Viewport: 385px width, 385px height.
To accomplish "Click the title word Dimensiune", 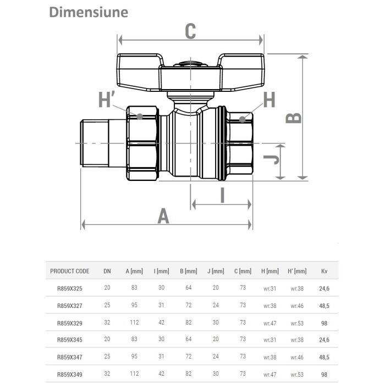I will point(89,12).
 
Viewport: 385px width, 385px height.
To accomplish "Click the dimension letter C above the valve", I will point(190,31).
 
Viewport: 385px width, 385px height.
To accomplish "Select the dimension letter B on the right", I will point(294,117).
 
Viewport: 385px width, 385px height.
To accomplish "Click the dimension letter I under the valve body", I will point(222,195).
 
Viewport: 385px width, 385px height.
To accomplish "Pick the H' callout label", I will point(106,101).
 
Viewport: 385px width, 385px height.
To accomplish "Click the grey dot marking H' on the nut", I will point(140,117).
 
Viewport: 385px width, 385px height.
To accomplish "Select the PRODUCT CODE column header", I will point(69,271).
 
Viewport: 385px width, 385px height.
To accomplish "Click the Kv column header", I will point(324,271).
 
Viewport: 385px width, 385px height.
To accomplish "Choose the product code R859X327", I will point(69,305).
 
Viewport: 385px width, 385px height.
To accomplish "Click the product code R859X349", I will point(69,374).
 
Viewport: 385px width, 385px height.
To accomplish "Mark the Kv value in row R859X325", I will point(324,288).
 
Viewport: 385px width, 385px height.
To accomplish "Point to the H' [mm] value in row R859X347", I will point(296,357).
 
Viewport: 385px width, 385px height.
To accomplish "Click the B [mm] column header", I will point(188,271).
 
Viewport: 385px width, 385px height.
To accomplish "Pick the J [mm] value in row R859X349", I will point(216,374).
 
